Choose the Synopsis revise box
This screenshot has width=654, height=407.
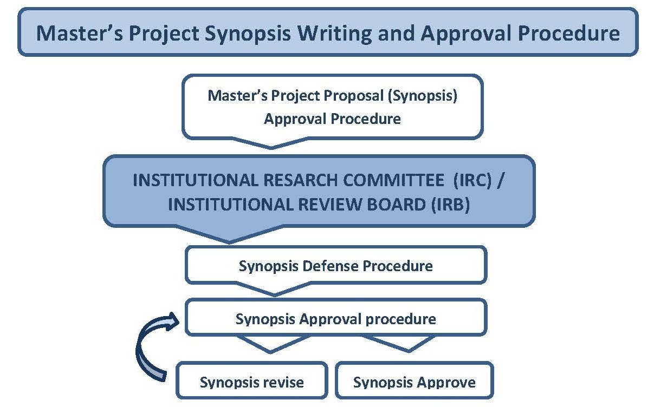pyautogui.click(x=252, y=380)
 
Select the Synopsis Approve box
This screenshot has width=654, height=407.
pyautogui.click(x=415, y=380)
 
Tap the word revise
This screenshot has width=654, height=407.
pyautogui.click(x=279, y=383)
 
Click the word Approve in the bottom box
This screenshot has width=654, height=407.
pyautogui.click(x=445, y=383)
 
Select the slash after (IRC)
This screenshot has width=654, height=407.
pyautogui.click(x=501, y=180)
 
